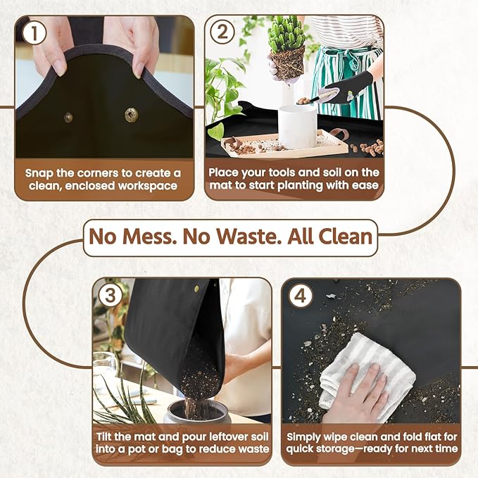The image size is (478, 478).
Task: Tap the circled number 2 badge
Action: coord(222,33)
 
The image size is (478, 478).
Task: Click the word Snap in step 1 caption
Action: coord(39,172)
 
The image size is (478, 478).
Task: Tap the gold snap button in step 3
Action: coord(196,287)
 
